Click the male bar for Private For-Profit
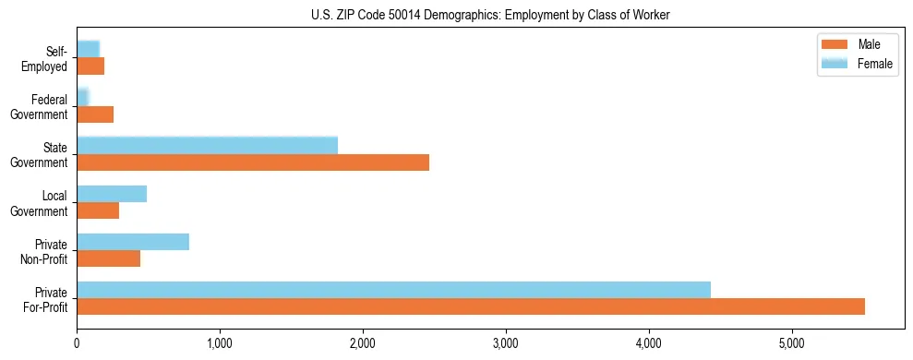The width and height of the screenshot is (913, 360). click(x=471, y=306)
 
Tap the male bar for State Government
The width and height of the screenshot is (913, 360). click(x=253, y=162)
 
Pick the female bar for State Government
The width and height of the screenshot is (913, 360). click(x=207, y=145)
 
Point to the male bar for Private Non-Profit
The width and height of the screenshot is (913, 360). click(x=108, y=258)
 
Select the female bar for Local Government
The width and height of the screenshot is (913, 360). click(x=112, y=193)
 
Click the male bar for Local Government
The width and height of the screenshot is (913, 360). click(x=98, y=210)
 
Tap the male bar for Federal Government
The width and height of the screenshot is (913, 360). click(x=95, y=114)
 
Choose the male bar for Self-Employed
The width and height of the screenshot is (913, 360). click(x=90, y=66)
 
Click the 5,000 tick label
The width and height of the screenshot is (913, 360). click(x=792, y=342)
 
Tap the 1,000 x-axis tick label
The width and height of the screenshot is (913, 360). click(x=220, y=342)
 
